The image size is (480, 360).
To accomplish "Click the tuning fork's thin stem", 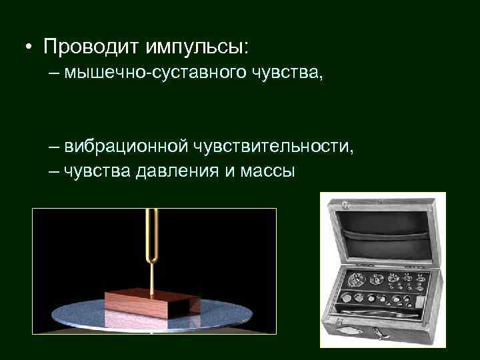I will pos(152,273).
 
